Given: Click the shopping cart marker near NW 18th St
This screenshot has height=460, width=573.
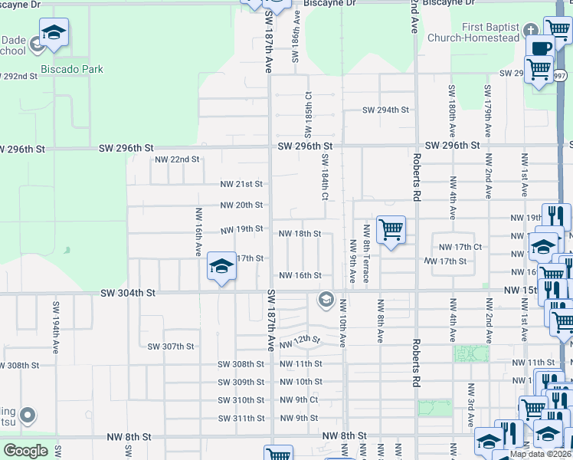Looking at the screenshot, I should (391, 228).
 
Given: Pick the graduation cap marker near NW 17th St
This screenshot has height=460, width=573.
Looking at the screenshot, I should (221, 266).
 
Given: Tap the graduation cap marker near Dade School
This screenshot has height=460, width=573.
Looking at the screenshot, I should (54, 33).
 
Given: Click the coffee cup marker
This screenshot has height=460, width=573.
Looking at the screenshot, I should (540, 48).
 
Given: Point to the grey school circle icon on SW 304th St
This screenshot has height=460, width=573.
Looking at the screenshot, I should (326, 298).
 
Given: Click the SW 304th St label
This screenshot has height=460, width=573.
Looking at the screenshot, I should (128, 292).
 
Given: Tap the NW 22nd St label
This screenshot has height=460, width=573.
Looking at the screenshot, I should (177, 159).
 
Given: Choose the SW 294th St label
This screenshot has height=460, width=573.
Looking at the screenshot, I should (385, 110).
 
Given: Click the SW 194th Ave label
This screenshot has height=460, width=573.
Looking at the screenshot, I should (56, 327).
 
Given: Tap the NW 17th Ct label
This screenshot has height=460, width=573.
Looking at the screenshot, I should (460, 247).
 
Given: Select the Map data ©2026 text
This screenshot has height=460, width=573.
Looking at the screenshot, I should (541, 454).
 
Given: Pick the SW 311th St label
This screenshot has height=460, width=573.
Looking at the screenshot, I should (241, 419).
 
